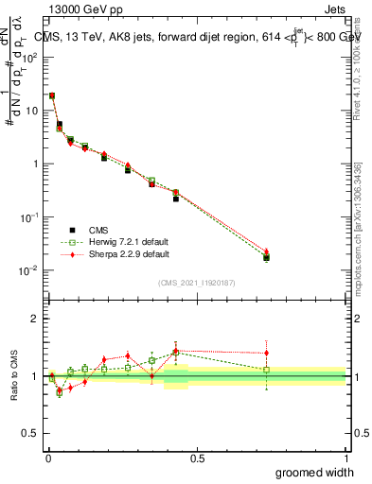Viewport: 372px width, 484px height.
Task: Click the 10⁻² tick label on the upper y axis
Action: point(27,270)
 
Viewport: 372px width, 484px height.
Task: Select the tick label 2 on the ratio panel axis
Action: point(34,319)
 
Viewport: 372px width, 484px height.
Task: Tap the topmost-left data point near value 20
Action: point(52,95)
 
